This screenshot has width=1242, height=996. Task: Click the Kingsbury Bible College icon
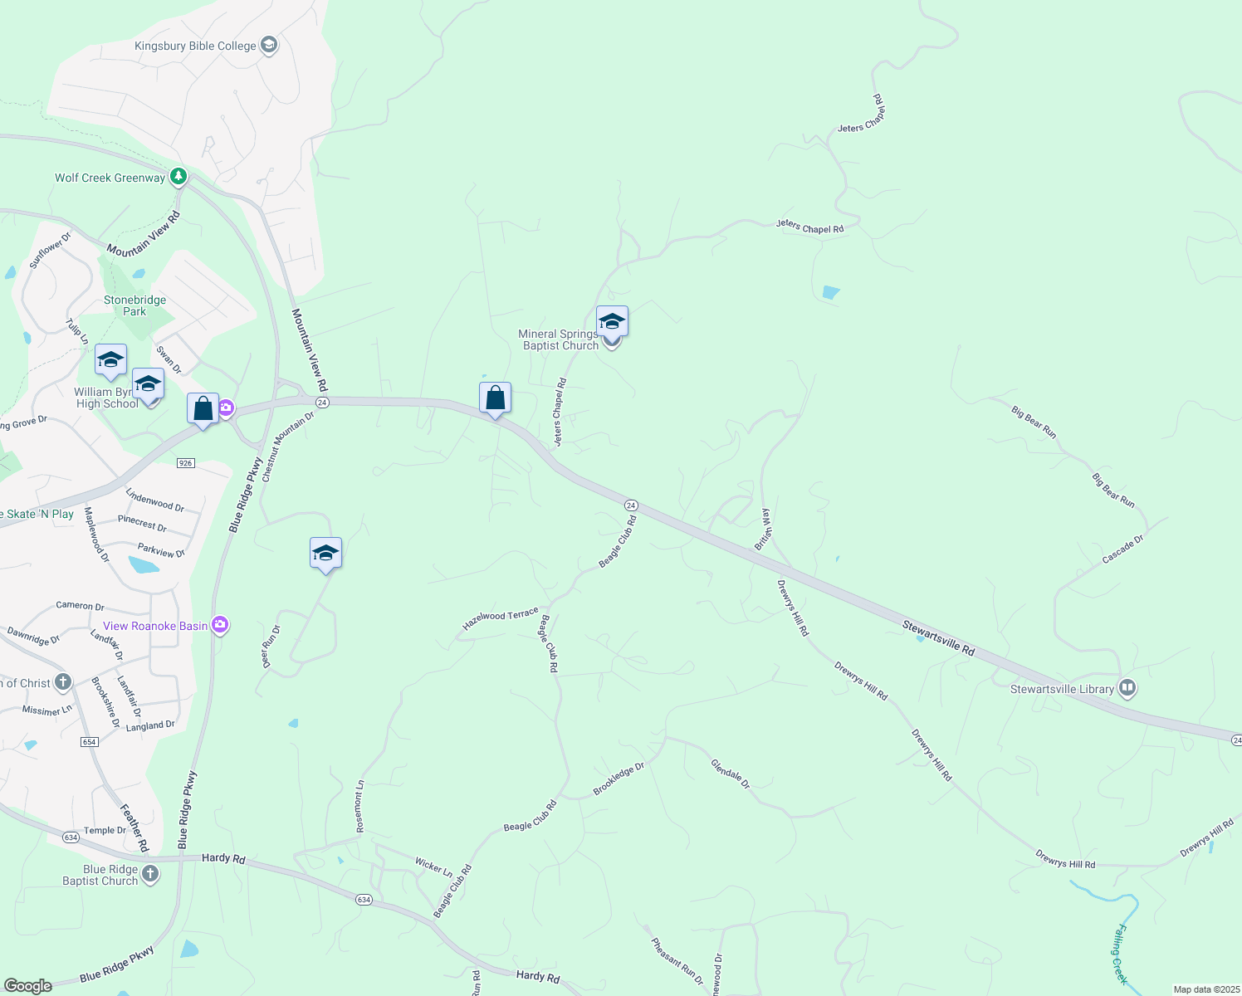point(268,45)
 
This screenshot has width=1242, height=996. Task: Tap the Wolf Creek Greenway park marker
point(178,177)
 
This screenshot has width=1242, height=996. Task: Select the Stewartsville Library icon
point(1127,688)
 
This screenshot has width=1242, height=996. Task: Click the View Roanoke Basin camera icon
point(220,625)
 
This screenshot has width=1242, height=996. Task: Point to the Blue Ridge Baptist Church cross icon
point(150,873)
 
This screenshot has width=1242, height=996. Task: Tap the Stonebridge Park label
point(134,305)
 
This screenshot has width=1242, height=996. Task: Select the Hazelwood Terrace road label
point(501,619)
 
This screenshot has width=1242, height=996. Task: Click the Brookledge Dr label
point(619,779)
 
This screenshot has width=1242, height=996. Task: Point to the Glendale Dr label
point(731,774)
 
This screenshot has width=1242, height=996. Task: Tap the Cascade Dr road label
point(1122,549)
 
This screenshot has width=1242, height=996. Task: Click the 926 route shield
point(186,463)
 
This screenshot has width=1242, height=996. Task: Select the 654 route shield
point(90,742)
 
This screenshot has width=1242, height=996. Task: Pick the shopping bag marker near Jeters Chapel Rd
point(495,398)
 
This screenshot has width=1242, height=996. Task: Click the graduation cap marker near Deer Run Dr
point(325,554)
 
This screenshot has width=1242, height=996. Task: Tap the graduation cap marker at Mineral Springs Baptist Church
point(612,322)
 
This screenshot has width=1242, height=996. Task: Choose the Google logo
point(28,985)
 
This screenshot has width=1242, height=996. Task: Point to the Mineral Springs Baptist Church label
point(558,339)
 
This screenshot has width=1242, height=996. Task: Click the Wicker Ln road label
point(433,867)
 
